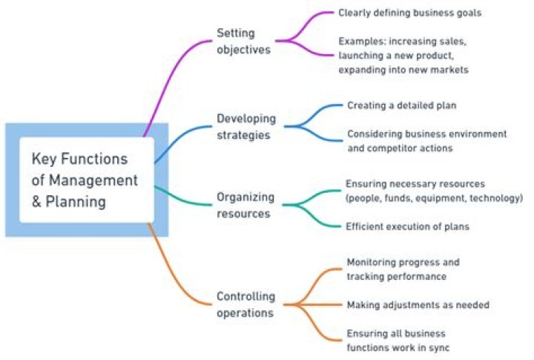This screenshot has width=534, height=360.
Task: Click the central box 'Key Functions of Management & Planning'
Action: [86, 180]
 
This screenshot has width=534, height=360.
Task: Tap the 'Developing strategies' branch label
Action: [245, 126]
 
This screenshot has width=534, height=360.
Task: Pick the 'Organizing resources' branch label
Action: [245, 205]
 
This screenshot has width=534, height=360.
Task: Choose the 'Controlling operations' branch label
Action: [245, 304]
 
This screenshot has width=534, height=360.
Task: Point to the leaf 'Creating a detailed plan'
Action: [401, 105]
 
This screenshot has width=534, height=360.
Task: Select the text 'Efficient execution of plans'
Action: [407, 226]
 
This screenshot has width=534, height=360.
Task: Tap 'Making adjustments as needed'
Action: [418, 304]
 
